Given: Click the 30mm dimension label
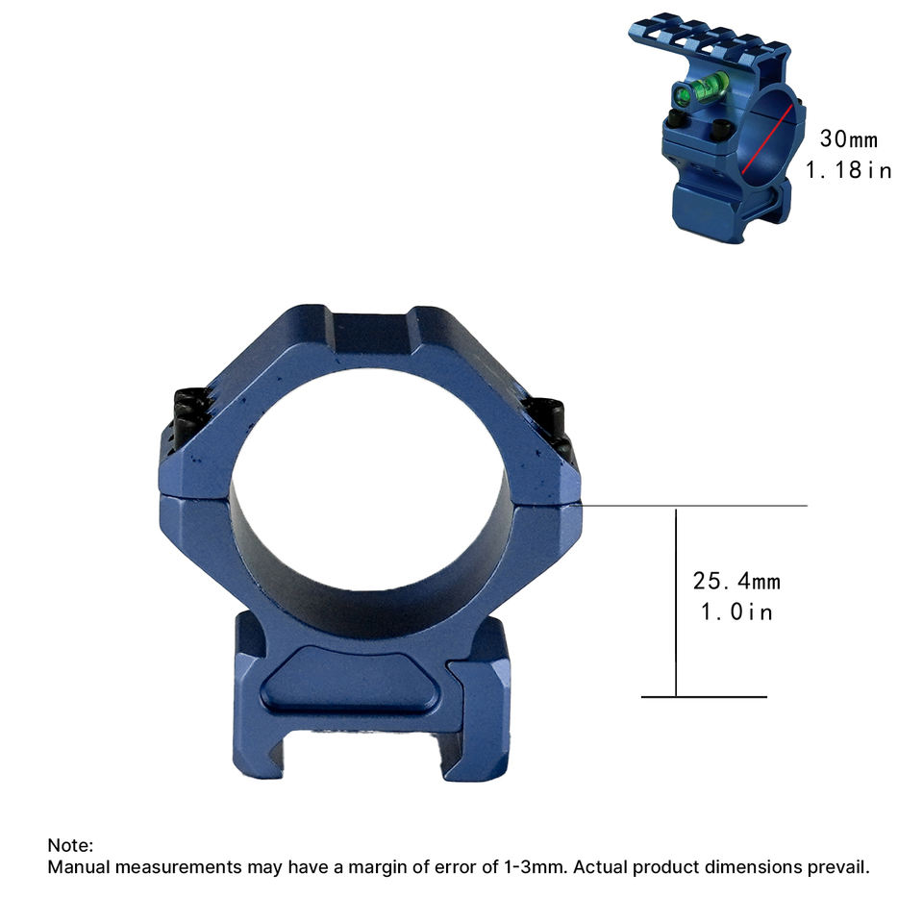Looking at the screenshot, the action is pos(848,139).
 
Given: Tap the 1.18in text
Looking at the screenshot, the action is pos(848,171).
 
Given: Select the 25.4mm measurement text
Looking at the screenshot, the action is pos(736,582).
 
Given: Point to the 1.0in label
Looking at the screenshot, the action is pos(736,612).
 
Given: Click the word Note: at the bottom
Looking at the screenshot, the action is pos(70,845).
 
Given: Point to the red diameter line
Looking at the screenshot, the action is pos(766,139).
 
